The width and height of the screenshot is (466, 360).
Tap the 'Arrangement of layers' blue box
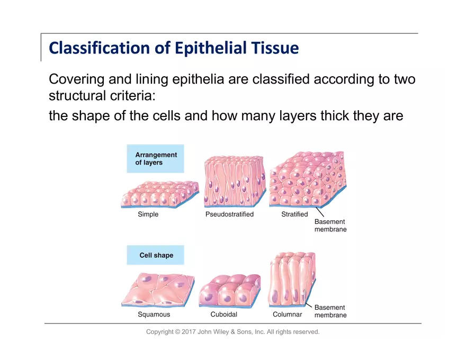155,159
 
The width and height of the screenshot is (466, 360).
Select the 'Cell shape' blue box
156,255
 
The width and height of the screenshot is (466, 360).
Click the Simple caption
148,214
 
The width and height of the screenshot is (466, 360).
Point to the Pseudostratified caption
229,214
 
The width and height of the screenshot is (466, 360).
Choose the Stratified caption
294,214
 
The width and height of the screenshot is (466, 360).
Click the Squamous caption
154,314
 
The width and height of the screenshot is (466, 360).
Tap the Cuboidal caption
223,314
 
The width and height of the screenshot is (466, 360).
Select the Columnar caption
287,314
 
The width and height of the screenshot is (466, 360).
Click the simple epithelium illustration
159,194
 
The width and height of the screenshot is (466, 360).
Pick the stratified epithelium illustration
307,180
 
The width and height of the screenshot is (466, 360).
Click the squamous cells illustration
158,290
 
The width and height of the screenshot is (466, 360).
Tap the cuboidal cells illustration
229,291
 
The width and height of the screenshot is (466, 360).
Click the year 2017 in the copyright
189,332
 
